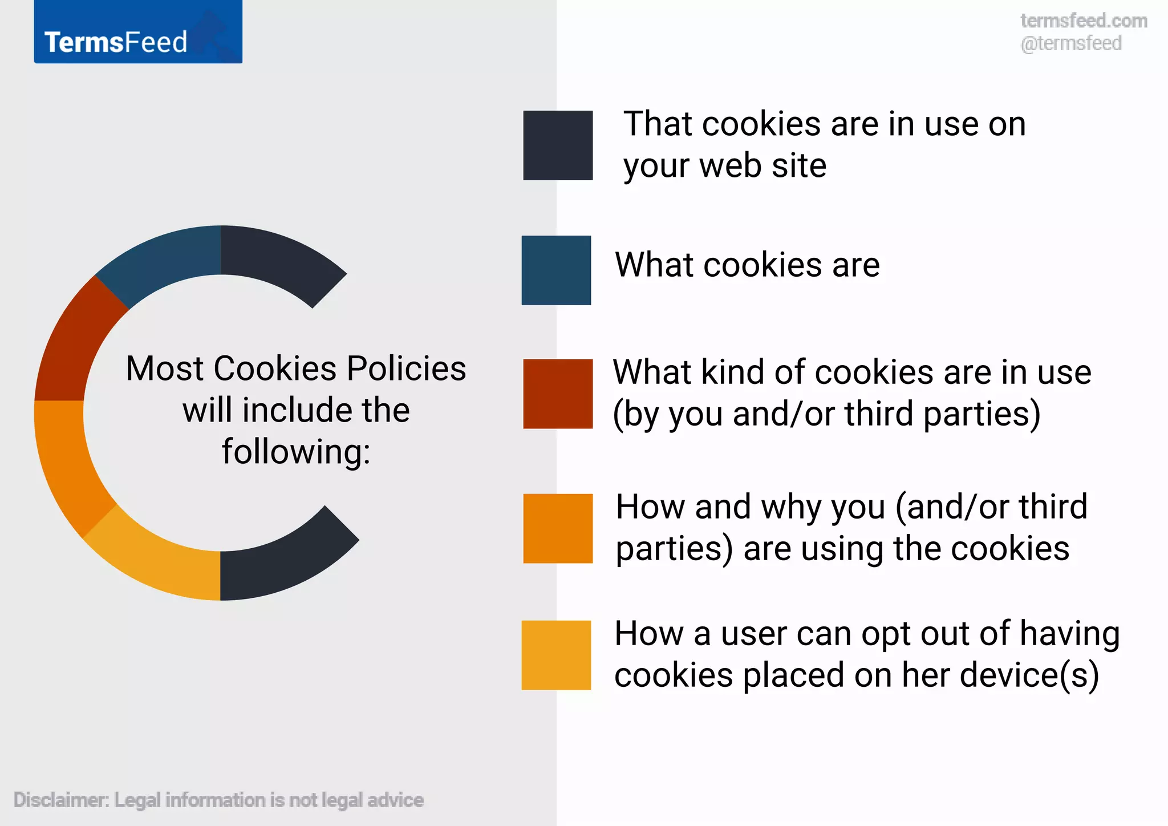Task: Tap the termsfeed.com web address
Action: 1084,21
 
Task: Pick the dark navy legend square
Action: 558,145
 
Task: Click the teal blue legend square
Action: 556,270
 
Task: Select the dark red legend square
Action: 558,394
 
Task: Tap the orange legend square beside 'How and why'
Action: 558,528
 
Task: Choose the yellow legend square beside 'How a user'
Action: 556,655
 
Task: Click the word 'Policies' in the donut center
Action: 406,369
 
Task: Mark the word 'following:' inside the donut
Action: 296,452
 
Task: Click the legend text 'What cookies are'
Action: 747,265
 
